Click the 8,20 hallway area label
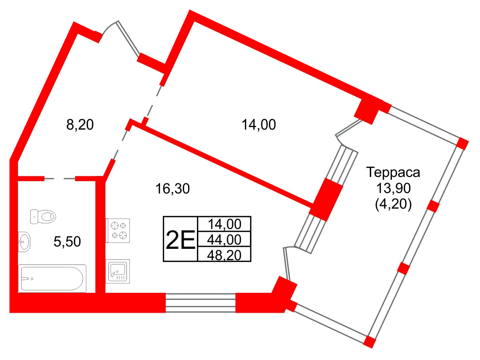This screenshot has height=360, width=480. (80, 125)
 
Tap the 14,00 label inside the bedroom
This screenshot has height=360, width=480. (258, 125)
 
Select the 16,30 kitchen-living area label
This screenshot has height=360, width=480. (173, 189)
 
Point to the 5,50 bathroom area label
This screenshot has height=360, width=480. (67, 242)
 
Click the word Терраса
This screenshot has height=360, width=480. (393, 173)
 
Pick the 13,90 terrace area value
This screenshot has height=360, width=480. (393, 188)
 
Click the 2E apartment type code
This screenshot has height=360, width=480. (180, 240)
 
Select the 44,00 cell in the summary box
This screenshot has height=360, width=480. (224, 239)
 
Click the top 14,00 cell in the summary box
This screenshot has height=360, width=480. (224, 224)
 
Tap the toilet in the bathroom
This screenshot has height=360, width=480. (43, 217)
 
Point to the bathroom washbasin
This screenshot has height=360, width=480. (24, 242)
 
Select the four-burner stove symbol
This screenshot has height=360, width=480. (118, 231)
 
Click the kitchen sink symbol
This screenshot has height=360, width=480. (118, 271)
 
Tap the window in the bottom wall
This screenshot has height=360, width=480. (201, 302)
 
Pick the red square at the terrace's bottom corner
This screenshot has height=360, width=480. (370, 342)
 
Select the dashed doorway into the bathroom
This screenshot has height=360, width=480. (60, 179)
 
